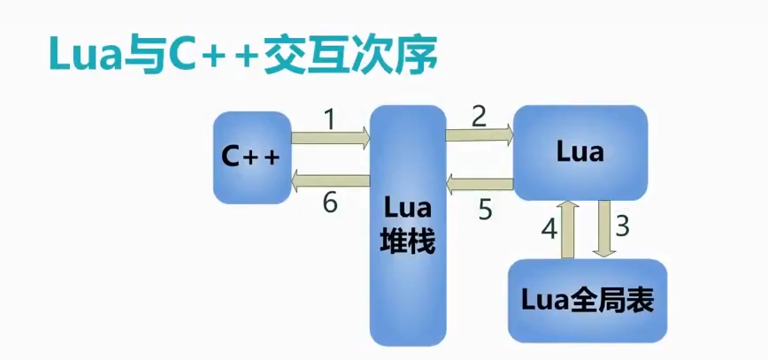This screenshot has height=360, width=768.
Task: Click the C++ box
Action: tap(251, 157)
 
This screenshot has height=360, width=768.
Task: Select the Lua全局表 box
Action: tap(587, 301)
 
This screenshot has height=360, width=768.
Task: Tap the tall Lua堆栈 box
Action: tap(407, 226)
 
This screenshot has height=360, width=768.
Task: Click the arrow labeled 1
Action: tap(330, 137)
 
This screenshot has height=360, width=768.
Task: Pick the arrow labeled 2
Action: tap(479, 134)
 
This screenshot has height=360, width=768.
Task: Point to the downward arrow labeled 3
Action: tap(605, 228)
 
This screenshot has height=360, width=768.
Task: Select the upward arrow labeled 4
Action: tap(570, 228)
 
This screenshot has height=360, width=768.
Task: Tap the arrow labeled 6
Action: tap(330, 181)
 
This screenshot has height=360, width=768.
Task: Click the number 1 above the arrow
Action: tap(329, 119)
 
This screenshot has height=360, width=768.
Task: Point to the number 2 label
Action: tap(479, 115)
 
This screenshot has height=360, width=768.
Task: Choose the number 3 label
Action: tap(622, 227)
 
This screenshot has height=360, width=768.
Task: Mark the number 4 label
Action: tap(549, 229)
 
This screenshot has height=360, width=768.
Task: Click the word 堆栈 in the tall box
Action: tap(407, 241)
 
